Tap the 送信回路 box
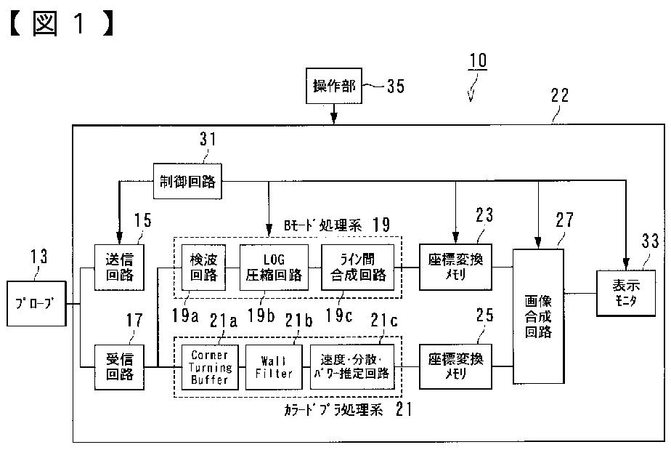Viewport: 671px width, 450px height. tap(116, 266)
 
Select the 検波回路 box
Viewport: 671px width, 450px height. tap(203, 267)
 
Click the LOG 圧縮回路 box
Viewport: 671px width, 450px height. tap(264, 267)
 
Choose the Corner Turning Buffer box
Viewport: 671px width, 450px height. tap(210, 366)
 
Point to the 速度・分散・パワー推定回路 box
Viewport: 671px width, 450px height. tap(352, 366)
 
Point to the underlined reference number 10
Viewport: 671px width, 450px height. tap(478, 80)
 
